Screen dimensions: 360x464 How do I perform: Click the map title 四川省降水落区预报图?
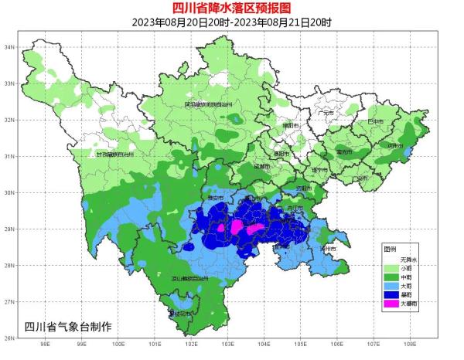[x=232, y=8]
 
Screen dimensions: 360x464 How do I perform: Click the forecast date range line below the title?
[x=232, y=22]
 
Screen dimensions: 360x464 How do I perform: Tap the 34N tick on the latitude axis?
[x=11, y=47]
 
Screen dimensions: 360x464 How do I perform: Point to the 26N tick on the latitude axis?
[x=11, y=338]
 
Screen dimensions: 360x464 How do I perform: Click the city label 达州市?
[x=395, y=146]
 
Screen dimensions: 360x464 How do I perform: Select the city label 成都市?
[x=262, y=166]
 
